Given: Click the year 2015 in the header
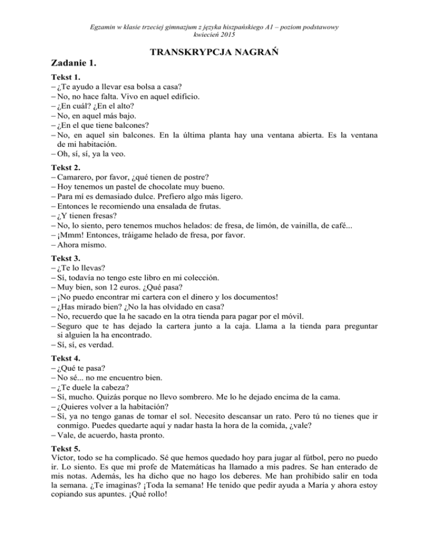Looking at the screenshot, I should pyautogui.click(x=227, y=35).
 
